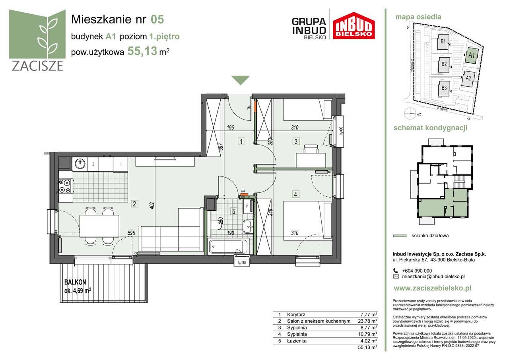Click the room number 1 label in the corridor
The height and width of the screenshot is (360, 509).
pos(241,141)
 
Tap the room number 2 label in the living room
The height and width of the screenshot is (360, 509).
pos(135,204)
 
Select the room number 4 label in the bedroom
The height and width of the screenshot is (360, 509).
pos(295,194)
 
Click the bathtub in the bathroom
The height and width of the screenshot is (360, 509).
pos(229,246)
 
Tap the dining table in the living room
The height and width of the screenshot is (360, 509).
pos(99,226)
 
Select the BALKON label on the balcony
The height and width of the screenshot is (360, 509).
pos(75,282)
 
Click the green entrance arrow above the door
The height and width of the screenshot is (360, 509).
pos(241,80)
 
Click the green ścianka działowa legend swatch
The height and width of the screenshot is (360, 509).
pos(400,236)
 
